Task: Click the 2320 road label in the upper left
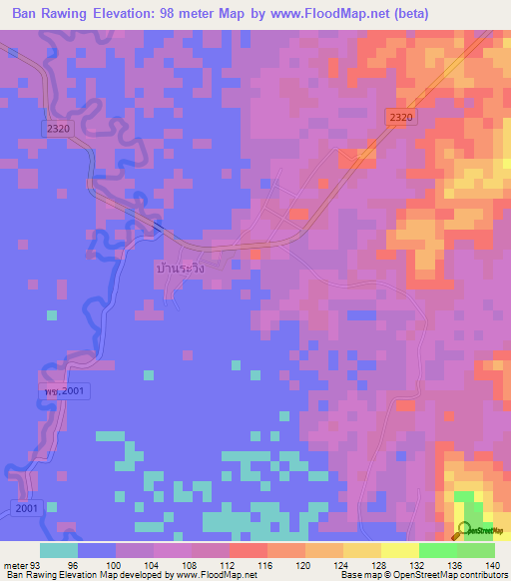tap(59, 129)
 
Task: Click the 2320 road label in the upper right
tap(400, 117)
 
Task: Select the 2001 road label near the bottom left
tap(26, 509)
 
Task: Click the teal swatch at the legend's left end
tap(59, 550)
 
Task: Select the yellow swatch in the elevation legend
tap(399, 550)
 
